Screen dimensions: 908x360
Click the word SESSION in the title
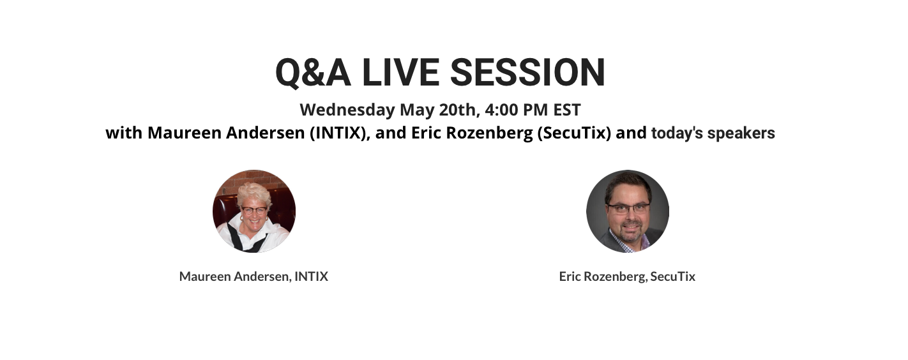527,72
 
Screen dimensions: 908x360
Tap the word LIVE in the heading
400,72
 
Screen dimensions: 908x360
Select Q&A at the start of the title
313,73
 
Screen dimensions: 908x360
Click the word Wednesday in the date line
347,110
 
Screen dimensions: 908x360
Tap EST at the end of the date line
567,110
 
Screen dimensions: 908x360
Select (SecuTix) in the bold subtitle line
575,133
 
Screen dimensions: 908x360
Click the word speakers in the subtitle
741,133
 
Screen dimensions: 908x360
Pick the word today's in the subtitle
677,133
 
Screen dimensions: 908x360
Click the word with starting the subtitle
124,133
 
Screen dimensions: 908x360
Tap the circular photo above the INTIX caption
254,211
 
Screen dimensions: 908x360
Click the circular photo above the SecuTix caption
628,211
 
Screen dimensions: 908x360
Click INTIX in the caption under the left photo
312,276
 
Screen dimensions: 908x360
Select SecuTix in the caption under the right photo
673,276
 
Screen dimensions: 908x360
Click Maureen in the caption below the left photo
206,276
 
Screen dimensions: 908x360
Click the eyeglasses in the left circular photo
255,211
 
